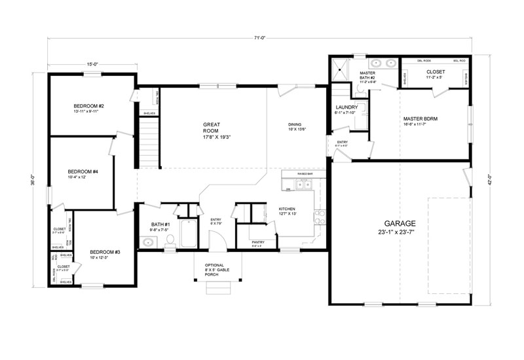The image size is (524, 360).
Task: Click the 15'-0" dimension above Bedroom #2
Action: coord(92,64)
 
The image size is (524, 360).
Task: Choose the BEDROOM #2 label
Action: coord(89,106)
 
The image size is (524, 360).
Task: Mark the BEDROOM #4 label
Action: coord(83,171)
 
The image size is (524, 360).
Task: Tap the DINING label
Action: coord(296,124)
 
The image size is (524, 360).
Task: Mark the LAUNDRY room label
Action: coord(345,107)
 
